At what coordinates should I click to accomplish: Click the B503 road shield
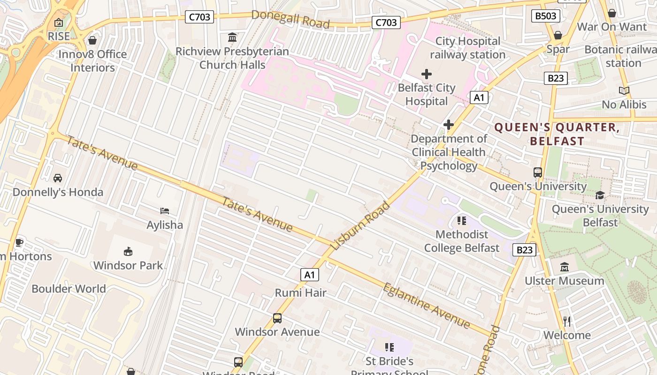(546, 16)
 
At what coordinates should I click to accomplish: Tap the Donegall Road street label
(290, 19)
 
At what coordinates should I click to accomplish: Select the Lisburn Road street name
(360, 225)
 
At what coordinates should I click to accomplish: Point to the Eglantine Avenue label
(426, 306)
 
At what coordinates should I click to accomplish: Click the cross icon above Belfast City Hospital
(427, 74)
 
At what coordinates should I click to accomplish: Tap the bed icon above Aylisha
(165, 211)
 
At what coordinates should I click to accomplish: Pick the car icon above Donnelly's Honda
(58, 178)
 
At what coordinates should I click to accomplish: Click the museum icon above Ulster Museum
(565, 267)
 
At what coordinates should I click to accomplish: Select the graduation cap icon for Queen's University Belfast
(600, 195)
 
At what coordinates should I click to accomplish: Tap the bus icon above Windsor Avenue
(277, 318)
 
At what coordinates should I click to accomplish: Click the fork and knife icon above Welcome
(567, 321)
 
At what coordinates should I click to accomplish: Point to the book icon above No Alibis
(624, 90)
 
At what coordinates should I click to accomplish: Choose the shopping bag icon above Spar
(558, 35)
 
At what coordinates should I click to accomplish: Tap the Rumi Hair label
(300, 293)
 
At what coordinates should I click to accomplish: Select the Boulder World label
(69, 288)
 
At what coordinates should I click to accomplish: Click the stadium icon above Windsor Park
(128, 252)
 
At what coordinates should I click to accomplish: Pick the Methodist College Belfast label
(462, 241)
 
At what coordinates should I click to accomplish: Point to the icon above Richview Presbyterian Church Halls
(232, 37)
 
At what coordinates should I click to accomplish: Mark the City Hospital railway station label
(467, 48)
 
